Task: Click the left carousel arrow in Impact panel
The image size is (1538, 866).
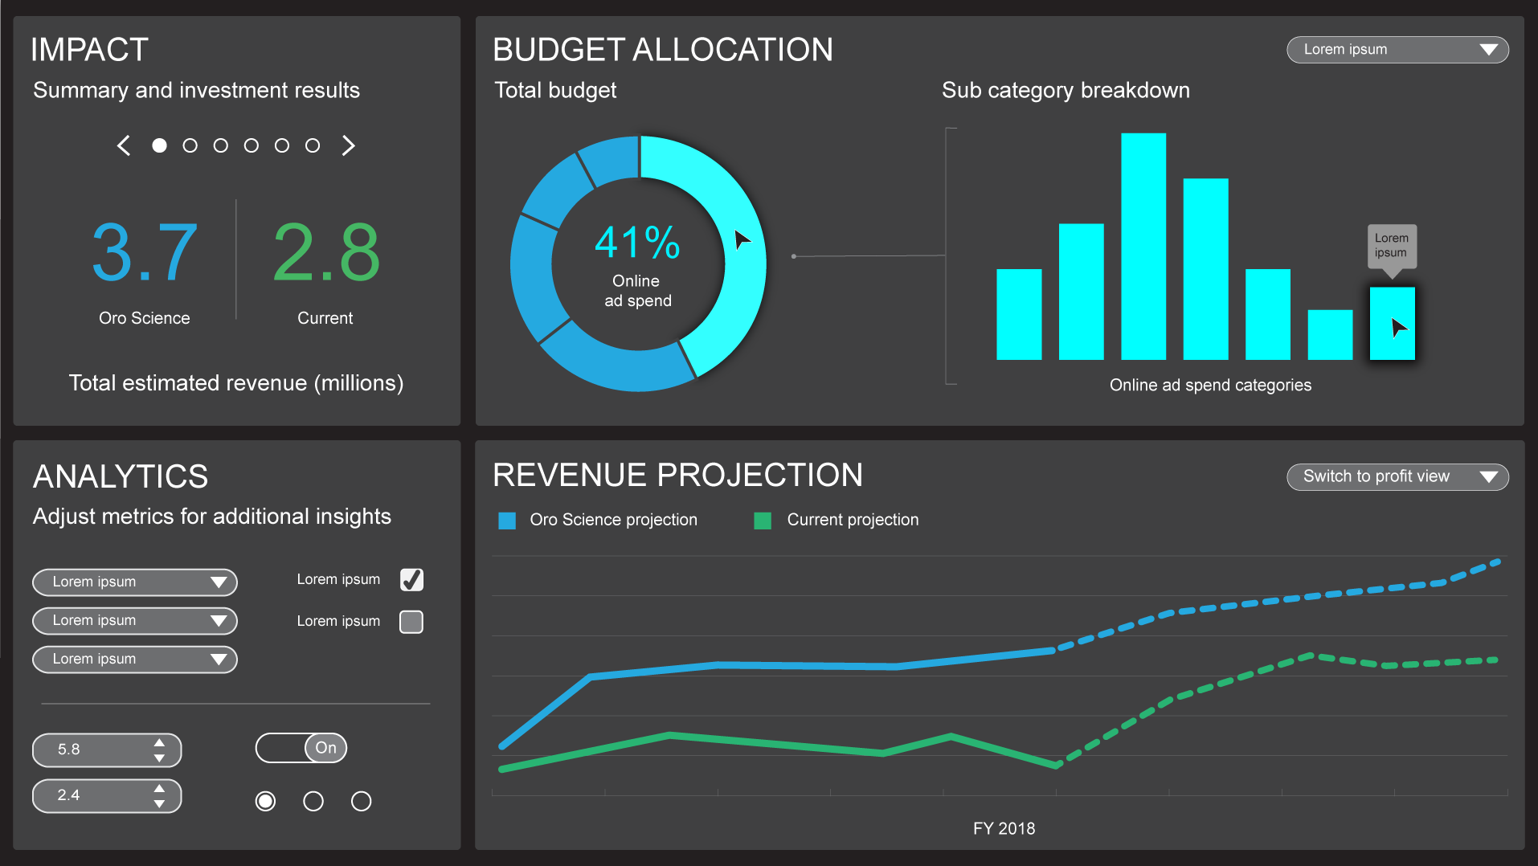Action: [x=124, y=145]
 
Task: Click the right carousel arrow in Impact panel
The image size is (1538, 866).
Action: [x=348, y=145]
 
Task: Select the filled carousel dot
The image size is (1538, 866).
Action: [x=159, y=145]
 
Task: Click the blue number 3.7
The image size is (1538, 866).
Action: [x=145, y=252]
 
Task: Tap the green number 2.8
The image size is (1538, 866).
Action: [x=325, y=252]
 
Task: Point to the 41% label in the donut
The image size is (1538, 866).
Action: [x=637, y=243]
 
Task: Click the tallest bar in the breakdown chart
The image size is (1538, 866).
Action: [x=1143, y=246]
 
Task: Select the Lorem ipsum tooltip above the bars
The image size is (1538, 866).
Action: [x=1392, y=247]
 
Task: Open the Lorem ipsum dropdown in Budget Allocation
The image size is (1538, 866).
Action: [x=1397, y=50]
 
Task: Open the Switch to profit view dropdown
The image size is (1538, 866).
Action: [x=1397, y=476]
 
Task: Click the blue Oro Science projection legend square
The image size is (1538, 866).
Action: [x=507, y=521]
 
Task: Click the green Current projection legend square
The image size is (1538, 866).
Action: [x=763, y=521]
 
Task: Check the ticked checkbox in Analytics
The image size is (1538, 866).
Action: [x=411, y=580]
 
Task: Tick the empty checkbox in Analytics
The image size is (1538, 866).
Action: [x=411, y=622]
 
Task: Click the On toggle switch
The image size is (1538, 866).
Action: [x=301, y=748]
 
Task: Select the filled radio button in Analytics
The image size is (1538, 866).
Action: [x=265, y=801]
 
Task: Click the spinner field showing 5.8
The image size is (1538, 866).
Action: [x=107, y=750]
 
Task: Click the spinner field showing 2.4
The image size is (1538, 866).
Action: [x=107, y=796]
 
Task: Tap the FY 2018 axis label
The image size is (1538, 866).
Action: [x=1004, y=828]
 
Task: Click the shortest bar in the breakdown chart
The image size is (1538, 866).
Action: [x=1330, y=335]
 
